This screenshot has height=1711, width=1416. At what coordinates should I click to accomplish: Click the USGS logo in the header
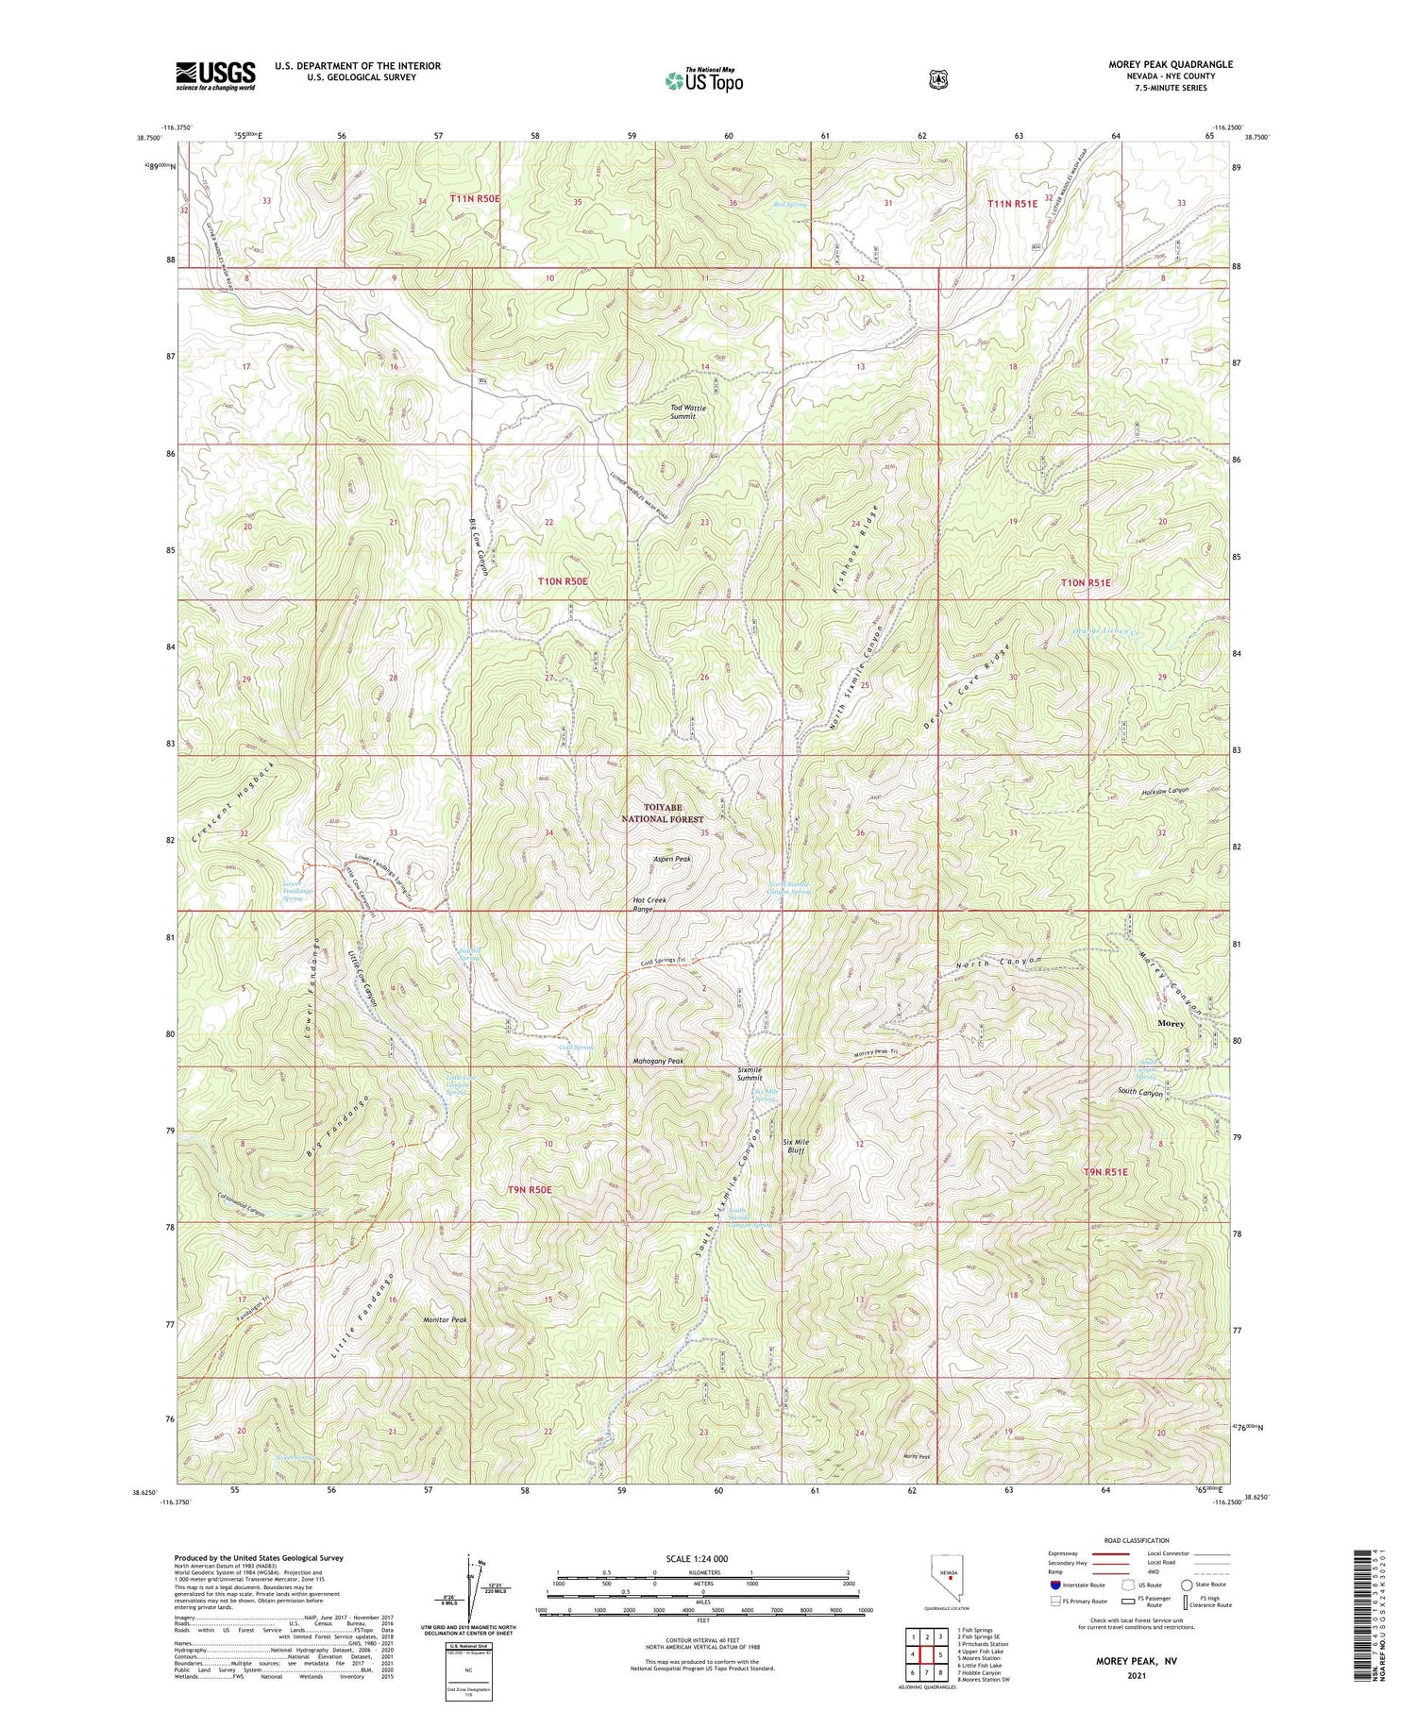[215, 75]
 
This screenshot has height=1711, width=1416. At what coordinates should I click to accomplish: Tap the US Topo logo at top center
[703, 80]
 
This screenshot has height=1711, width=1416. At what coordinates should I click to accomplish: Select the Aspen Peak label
[672, 859]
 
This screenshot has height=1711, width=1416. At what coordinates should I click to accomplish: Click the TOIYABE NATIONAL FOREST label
[674, 814]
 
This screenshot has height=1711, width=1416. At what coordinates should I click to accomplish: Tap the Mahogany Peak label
[657, 1061]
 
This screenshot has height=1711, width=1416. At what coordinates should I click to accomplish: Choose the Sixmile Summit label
[750, 1074]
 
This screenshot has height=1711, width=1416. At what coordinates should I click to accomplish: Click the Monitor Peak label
[445, 1319]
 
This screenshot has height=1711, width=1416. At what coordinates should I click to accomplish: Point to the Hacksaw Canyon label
[1165, 791]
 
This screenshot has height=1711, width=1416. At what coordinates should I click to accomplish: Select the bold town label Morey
[1171, 1023]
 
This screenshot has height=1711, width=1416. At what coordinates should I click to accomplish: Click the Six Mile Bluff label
[797, 1146]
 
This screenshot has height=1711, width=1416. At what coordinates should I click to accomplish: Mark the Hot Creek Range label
[649, 904]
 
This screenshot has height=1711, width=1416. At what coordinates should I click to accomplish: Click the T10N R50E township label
[563, 582]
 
